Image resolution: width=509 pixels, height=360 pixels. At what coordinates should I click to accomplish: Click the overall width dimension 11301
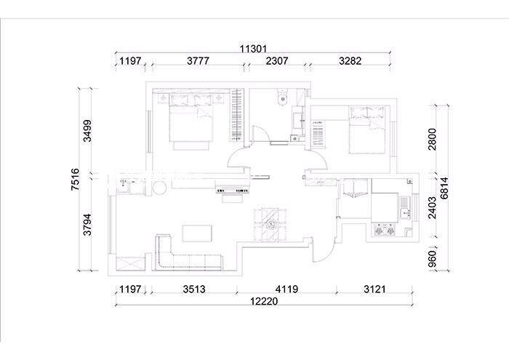coord(253,49)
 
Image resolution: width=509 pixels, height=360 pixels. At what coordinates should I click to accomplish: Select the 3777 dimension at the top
coord(198,60)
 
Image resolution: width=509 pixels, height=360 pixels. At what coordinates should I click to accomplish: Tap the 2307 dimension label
coord(277,60)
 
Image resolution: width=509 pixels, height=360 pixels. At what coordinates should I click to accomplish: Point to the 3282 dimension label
coord(350,60)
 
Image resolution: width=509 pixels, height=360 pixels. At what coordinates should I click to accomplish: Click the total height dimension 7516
coord(75,179)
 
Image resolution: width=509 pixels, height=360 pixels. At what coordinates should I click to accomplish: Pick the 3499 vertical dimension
coord(88,131)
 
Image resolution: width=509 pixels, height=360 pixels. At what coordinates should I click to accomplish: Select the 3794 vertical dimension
coord(88,224)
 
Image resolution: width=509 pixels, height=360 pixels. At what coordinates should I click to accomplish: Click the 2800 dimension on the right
coord(433,139)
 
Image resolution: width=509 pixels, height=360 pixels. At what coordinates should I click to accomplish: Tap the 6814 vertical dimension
coord(444,188)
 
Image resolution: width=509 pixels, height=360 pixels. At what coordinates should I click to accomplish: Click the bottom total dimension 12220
coord(264,301)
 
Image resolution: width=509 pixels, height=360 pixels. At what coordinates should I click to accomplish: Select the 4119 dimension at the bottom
coord(286,289)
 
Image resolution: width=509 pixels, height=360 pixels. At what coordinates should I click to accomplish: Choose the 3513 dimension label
coord(194,289)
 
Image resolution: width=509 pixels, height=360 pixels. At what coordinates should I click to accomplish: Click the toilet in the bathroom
coord(282,97)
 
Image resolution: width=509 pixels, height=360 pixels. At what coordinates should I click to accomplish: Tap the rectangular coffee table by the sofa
coord(197,233)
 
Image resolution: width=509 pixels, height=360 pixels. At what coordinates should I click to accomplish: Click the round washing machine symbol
coord(159,188)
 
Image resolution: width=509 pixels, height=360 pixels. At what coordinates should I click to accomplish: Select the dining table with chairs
coord(270,224)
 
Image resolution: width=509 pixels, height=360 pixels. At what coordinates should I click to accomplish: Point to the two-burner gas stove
coord(385,231)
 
